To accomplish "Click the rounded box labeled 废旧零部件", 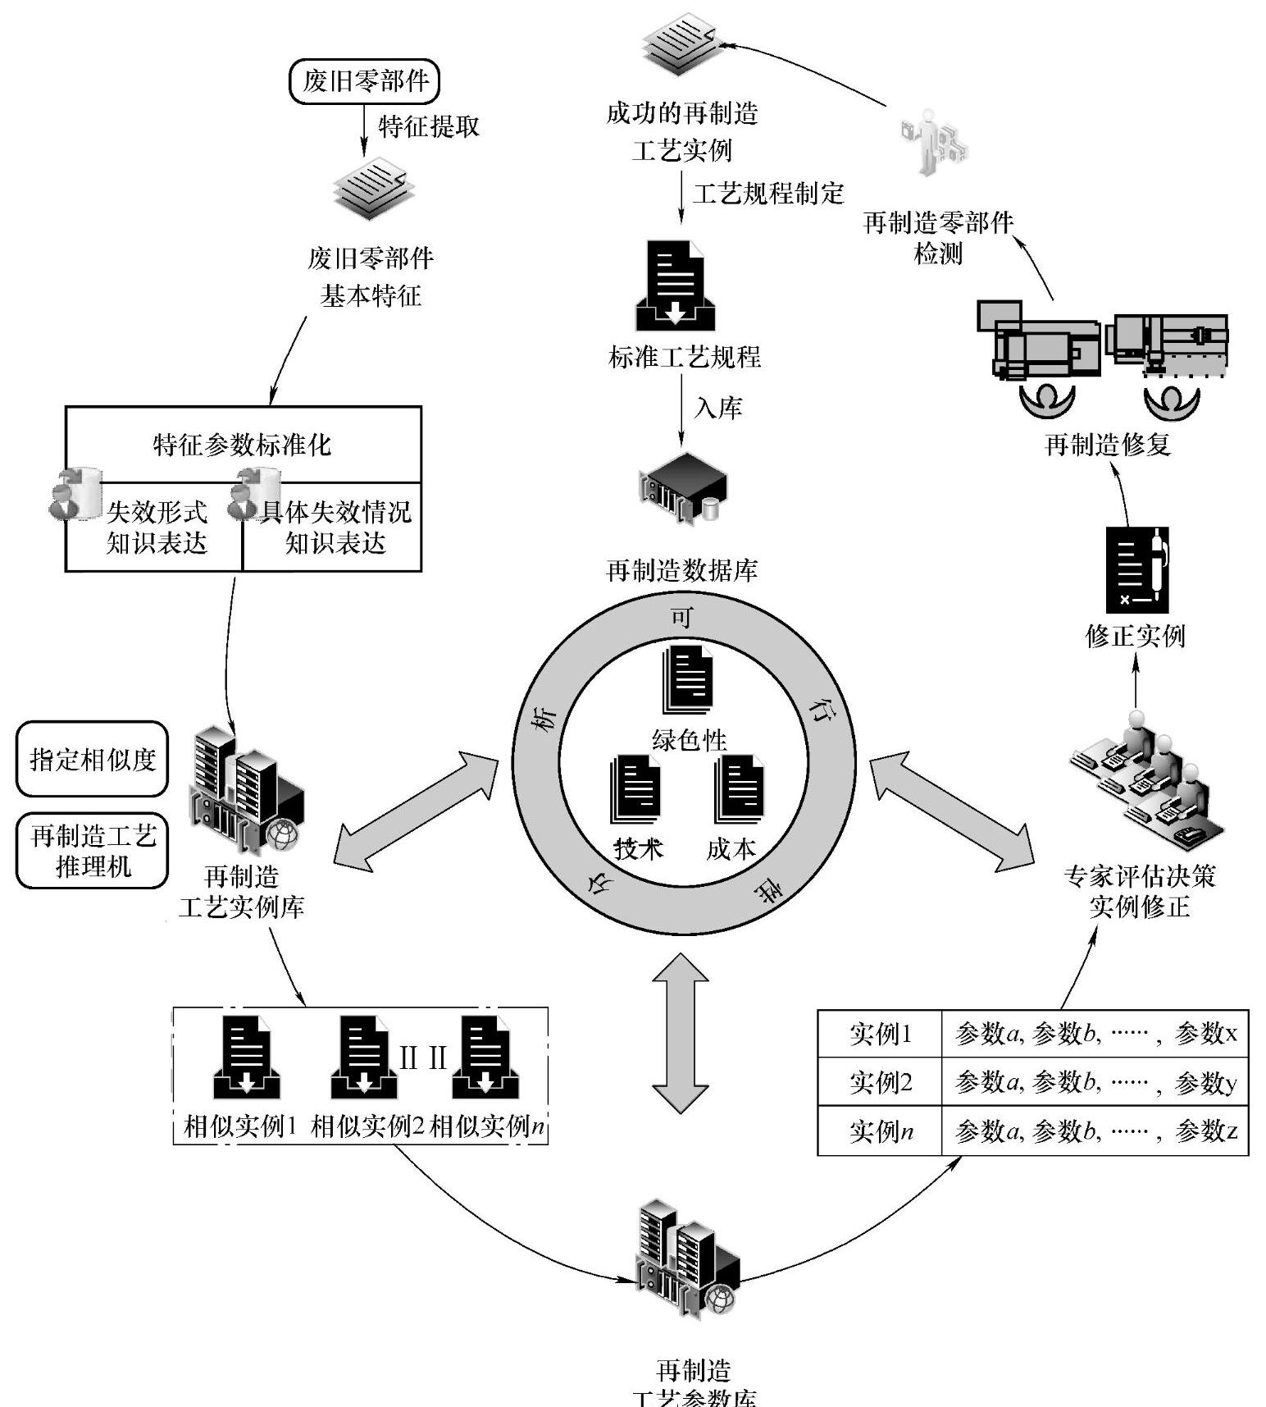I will point(365,81).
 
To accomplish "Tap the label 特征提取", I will point(428,126).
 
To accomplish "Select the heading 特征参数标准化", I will point(243,445).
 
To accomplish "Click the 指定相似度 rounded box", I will point(93,759).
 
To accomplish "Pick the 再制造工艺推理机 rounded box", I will point(93,851).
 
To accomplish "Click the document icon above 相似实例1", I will point(246,1058).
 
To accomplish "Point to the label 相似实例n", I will point(488,1126).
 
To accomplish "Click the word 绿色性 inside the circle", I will point(689,740).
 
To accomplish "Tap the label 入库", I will point(718,408).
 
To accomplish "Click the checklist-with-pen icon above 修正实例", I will point(1136,571).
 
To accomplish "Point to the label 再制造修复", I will point(1108,445).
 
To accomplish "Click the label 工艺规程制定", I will point(768,194).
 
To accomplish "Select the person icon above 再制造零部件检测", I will point(932,141).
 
